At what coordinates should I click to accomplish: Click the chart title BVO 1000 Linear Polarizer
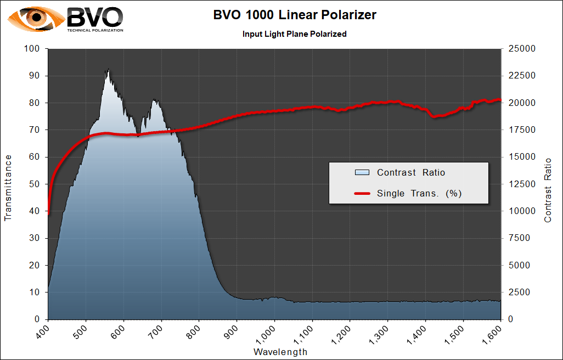coord(295,15)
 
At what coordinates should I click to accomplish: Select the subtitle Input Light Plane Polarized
coord(295,34)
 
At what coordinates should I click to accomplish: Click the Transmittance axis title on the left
coord(8,188)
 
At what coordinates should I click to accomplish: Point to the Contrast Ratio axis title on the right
coord(547,190)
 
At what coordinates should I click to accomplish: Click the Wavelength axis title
coord(280,352)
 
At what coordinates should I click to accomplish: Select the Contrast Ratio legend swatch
coord(362,172)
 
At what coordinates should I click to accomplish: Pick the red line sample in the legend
coord(362,193)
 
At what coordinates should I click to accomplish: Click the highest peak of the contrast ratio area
coord(108,69)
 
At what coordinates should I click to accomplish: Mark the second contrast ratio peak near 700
coord(155,100)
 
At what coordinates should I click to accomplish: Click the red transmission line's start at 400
coord(49,213)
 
